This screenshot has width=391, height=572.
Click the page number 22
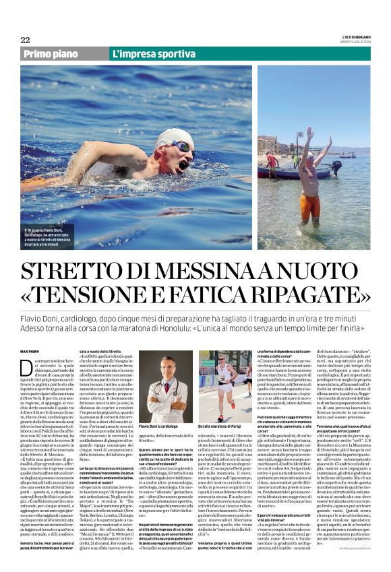coord(25,40)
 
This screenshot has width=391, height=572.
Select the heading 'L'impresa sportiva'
coord(145,53)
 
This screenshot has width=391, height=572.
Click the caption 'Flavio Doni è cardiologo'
coord(158,426)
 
